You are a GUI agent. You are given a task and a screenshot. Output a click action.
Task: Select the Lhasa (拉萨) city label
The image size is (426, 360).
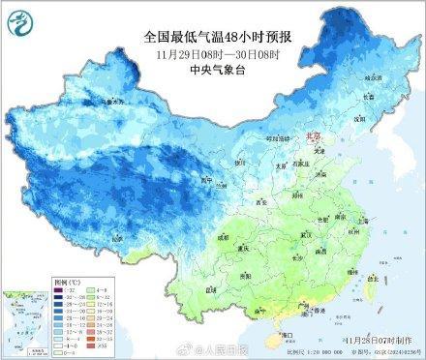point(116,236)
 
